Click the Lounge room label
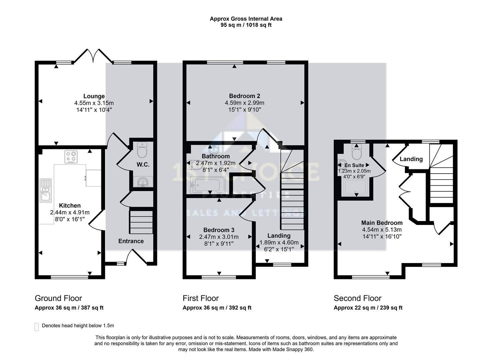tap(94, 96)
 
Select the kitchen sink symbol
tap(45, 190)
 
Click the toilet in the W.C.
tap(142, 151)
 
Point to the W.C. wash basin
tap(143, 182)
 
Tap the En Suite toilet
tap(357, 153)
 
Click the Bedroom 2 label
tap(244, 96)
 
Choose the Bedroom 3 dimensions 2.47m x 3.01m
tap(219, 237)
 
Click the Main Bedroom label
tap(382, 223)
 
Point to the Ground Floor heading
tap(58, 298)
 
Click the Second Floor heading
tap(357, 298)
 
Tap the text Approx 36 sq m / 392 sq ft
tap(217, 308)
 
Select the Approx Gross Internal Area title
tap(246, 19)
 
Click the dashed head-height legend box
tap(36, 326)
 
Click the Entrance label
tap(131, 241)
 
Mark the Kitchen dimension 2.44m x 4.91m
tap(70, 212)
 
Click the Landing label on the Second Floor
tap(411, 159)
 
